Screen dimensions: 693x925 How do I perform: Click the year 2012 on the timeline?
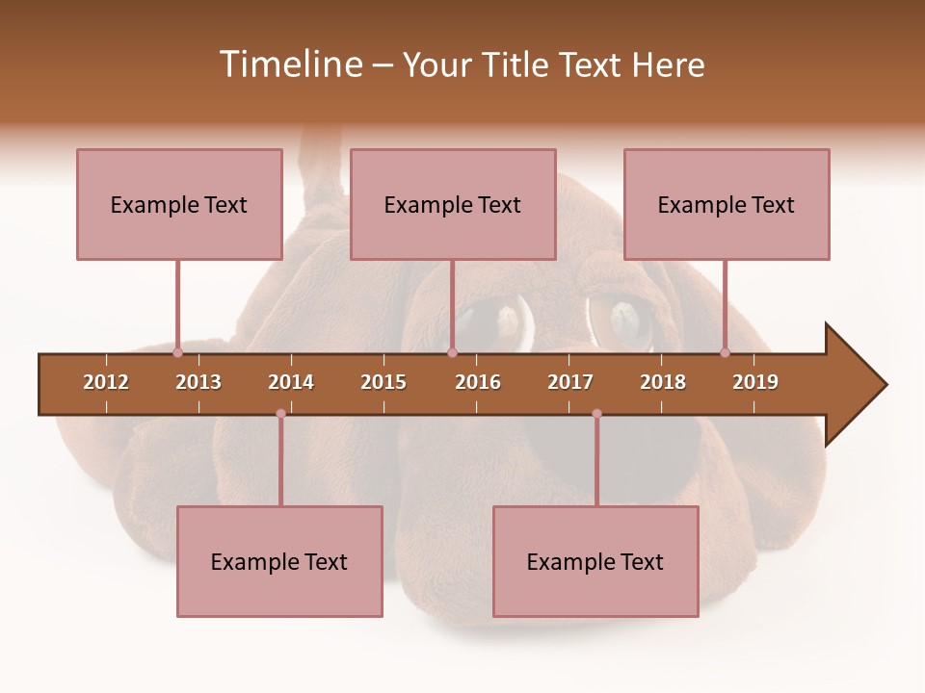pyautogui.click(x=106, y=382)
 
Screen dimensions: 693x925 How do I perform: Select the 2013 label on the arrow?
pyautogui.click(x=198, y=382)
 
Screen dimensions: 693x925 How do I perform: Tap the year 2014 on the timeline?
pyautogui.click(x=291, y=382)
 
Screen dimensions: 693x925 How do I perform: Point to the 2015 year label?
pyautogui.click(x=383, y=382)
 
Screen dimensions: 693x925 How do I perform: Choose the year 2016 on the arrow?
pyautogui.click(x=478, y=382)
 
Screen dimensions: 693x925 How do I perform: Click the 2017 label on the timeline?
pyautogui.click(x=570, y=382)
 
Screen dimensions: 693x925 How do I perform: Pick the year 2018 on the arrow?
pyautogui.click(x=663, y=382)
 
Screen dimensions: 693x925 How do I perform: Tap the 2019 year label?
pyautogui.click(x=755, y=382)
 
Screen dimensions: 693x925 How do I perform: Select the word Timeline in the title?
pyautogui.click(x=288, y=64)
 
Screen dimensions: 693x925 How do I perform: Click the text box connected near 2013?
pyautogui.click(x=179, y=204)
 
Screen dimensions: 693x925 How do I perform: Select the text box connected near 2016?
pyautogui.click(x=453, y=204)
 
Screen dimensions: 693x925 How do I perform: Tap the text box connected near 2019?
pyautogui.click(x=727, y=204)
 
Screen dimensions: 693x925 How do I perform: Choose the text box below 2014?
pyautogui.click(x=279, y=561)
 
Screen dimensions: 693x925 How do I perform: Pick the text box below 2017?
pyautogui.click(x=595, y=561)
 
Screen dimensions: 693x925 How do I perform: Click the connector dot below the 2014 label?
pyautogui.click(x=280, y=414)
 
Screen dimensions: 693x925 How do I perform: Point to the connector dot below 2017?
pyautogui.click(x=596, y=414)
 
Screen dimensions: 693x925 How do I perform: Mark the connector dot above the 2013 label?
pyautogui.click(x=178, y=352)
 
